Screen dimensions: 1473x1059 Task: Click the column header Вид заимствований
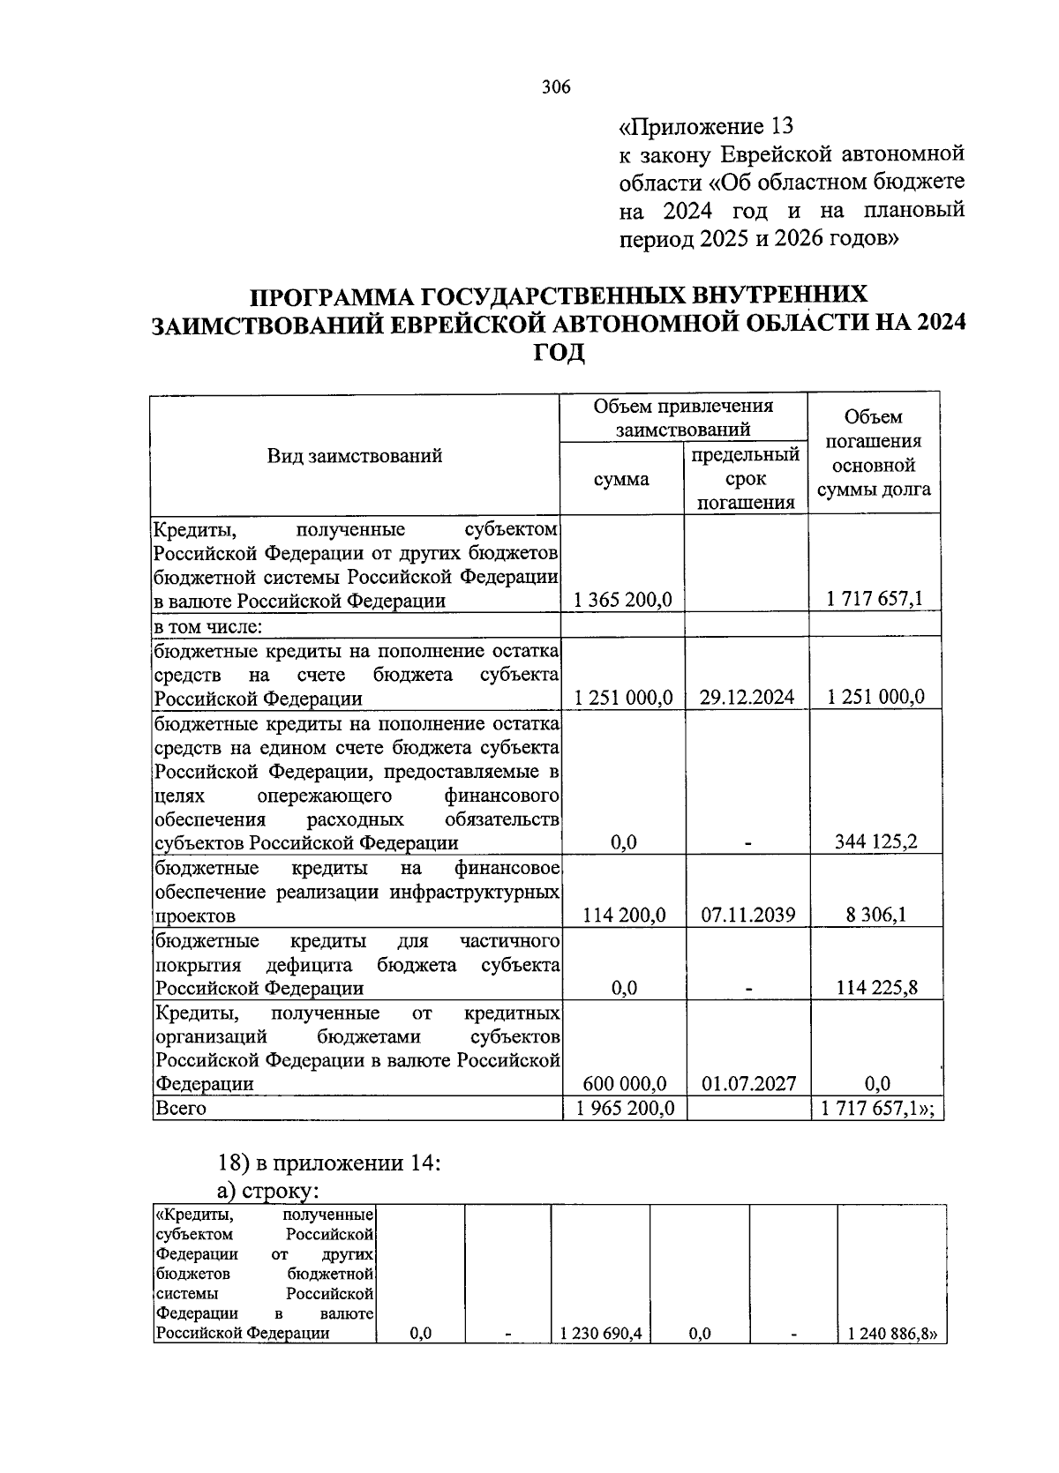point(354,456)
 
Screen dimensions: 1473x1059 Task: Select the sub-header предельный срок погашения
point(745,479)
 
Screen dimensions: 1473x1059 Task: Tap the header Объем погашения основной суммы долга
point(874,453)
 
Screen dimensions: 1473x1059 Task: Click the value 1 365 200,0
point(622,600)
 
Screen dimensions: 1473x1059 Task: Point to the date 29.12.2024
point(747,698)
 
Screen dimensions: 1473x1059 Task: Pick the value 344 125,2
point(875,842)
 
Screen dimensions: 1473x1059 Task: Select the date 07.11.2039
point(747,916)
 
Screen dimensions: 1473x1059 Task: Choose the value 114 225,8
point(875,988)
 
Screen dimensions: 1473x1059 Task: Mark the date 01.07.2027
point(747,1084)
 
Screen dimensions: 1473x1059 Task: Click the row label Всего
point(181,1109)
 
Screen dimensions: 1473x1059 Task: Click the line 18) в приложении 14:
point(329,1163)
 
